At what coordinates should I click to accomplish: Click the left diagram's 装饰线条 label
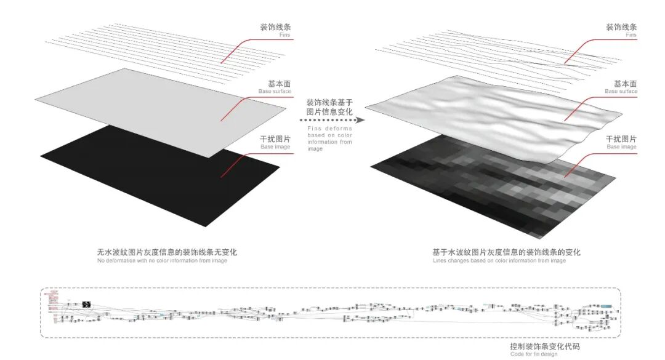pos(276,28)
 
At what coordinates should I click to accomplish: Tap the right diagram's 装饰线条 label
pos(621,28)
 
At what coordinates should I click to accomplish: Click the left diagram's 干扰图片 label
pos(276,138)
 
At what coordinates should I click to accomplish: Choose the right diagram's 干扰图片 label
pos(621,138)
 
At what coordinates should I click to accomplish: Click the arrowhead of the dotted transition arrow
pos(361,121)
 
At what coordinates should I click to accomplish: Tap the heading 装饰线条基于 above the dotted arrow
pos(329,103)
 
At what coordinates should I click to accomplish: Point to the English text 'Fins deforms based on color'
pos(329,132)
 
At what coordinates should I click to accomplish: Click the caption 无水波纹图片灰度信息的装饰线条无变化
pos(167,252)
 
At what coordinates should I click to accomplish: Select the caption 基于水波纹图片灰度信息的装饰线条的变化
pos(506,252)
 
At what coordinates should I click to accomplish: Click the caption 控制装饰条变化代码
pos(545,346)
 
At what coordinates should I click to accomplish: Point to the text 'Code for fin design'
pos(534,354)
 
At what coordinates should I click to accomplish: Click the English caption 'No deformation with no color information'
pos(162,261)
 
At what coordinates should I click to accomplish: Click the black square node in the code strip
pos(87,303)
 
